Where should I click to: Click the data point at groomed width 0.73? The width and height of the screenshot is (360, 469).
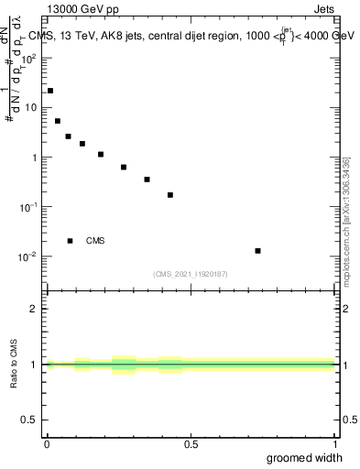pyautogui.click(x=258, y=251)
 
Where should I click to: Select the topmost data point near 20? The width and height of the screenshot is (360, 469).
pyautogui.click(x=49, y=91)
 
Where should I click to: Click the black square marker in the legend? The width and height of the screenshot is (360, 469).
pyautogui.click(x=70, y=241)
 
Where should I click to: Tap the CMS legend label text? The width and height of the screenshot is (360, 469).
pyautogui.click(x=95, y=241)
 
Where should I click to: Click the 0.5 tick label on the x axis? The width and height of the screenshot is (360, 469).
pyautogui.click(x=191, y=444)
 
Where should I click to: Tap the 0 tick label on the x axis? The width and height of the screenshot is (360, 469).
pyautogui.click(x=47, y=444)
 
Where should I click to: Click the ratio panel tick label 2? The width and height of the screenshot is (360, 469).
pyautogui.click(x=35, y=309)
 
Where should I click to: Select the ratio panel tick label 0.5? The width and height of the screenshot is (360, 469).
pyautogui.click(x=30, y=420)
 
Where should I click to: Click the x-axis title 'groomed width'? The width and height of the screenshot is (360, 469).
pyautogui.click(x=304, y=457)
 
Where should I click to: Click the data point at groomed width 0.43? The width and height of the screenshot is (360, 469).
pyautogui.click(x=170, y=195)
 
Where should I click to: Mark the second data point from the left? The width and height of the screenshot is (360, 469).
pyautogui.click(x=58, y=121)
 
